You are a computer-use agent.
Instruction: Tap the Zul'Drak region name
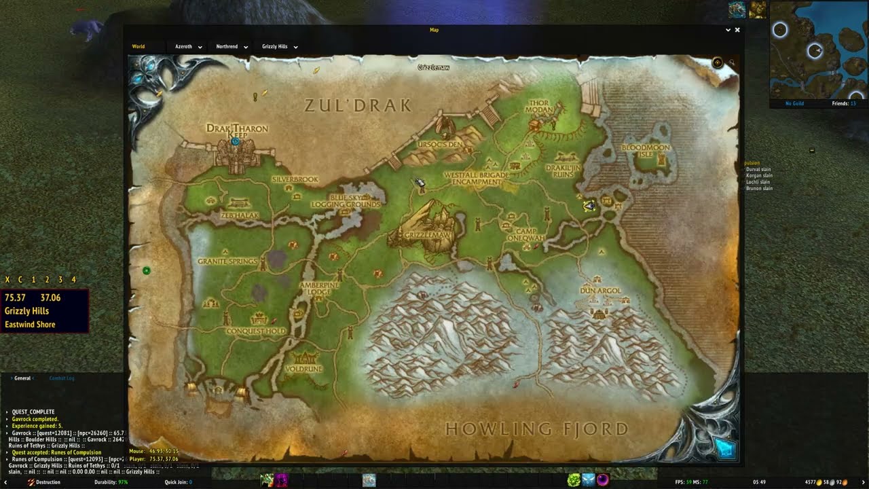click(358, 105)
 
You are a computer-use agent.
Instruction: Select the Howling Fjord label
click(536, 429)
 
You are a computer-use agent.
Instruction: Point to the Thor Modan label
click(540, 107)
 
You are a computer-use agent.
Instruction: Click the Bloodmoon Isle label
click(646, 150)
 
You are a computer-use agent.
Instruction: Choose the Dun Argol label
click(601, 291)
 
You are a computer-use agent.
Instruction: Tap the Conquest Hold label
click(255, 331)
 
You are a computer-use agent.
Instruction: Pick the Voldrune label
click(304, 369)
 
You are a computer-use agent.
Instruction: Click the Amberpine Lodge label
click(319, 288)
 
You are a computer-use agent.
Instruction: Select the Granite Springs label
click(227, 261)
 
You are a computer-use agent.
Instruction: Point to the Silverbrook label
click(295, 179)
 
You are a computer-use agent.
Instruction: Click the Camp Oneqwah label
click(525, 234)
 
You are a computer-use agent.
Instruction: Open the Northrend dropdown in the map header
click(231, 47)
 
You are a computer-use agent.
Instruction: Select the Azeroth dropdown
click(188, 47)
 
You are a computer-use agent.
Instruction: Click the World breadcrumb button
click(138, 47)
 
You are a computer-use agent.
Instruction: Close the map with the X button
click(737, 30)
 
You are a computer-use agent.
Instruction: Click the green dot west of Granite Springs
click(147, 271)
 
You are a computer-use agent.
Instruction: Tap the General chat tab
click(22, 378)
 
